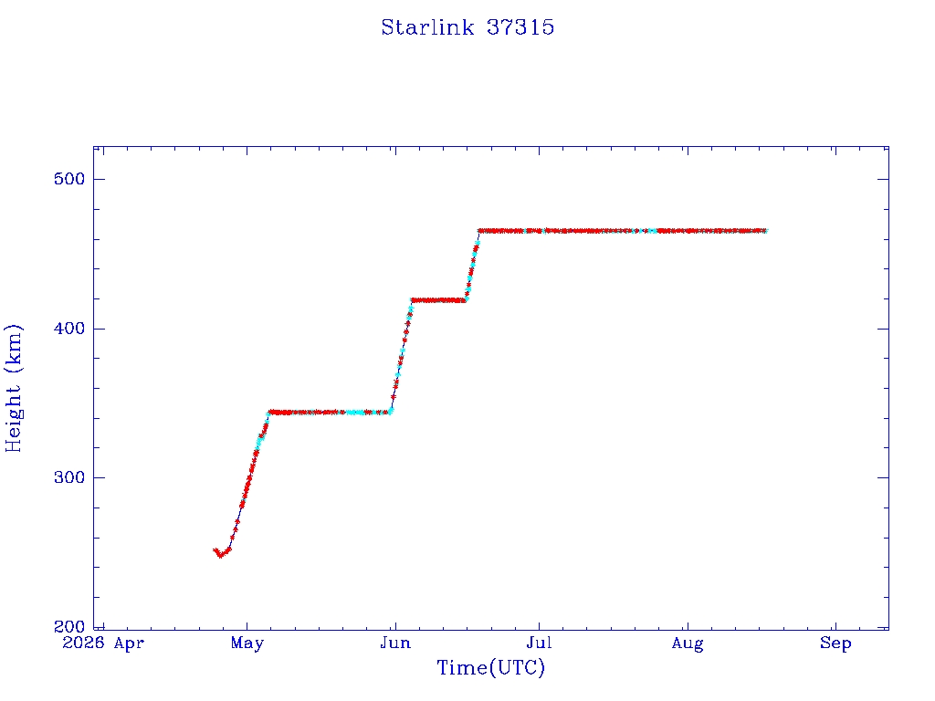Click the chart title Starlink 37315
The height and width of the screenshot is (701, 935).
click(467, 27)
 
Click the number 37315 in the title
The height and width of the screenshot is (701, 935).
click(520, 27)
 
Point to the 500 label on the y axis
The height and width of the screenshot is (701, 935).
click(69, 179)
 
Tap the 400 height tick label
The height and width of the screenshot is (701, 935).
click(69, 329)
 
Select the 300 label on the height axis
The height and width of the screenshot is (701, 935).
click(69, 477)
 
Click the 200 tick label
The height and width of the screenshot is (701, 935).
click(69, 626)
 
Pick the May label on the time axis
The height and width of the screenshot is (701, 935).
click(247, 643)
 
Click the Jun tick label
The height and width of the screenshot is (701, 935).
click(395, 643)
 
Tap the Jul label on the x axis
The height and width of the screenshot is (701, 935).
click(539, 643)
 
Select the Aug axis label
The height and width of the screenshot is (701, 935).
click(688, 644)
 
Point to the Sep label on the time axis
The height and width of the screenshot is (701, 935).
click(835, 643)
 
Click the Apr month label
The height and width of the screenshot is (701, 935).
click(129, 643)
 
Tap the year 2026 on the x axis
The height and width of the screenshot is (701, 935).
click(83, 643)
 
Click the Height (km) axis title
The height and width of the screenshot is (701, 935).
click(13, 388)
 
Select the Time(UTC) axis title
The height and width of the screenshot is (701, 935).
click(490, 668)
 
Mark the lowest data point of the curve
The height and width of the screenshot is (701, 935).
click(220, 556)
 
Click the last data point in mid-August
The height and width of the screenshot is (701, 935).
click(765, 231)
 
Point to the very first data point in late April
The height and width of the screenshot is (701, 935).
click(215, 550)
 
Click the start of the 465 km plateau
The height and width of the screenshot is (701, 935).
click(479, 231)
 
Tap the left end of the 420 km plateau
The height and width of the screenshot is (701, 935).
click(412, 300)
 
